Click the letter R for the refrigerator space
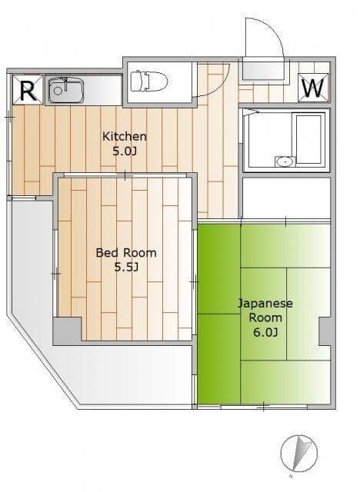click(x=28, y=91)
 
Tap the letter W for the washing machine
click(x=313, y=88)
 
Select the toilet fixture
click(x=149, y=81)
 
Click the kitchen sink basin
click(x=66, y=90)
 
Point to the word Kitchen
click(x=125, y=137)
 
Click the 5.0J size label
click(x=125, y=152)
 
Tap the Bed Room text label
click(x=126, y=253)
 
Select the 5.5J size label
click(x=126, y=268)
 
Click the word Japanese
click(x=265, y=304)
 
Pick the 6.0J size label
click(x=265, y=332)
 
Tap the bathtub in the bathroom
click(x=308, y=138)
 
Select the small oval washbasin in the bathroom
click(x=285, y=161)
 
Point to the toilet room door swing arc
click(x=220, y=86)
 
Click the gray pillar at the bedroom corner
click(x=67, y=331)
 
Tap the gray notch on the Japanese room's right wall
click(x=325, y=331)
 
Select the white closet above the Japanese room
click(x=287, y=198)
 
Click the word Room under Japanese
click(x=265, y=317)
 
